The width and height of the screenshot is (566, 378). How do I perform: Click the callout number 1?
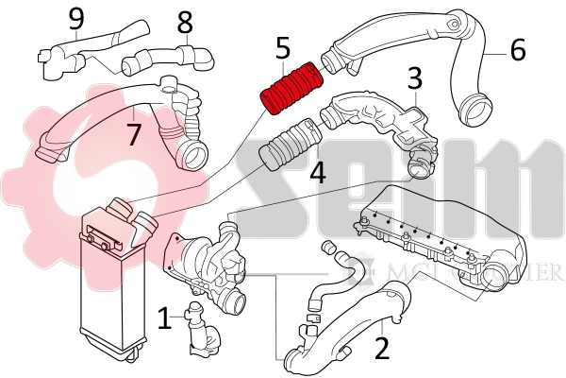click(164, 318)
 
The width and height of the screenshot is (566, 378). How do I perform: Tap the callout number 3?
click(414, 79)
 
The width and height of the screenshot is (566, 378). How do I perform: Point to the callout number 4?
click(317, 173)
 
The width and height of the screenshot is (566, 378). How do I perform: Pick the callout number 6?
click(518, 49)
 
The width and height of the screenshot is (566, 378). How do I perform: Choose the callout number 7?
click(134, 133)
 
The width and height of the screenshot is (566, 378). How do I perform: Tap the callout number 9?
click(76, 17)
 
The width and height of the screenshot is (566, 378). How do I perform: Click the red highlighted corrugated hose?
click(291, 89)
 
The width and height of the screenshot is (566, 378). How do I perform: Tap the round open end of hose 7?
click(195, 153)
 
